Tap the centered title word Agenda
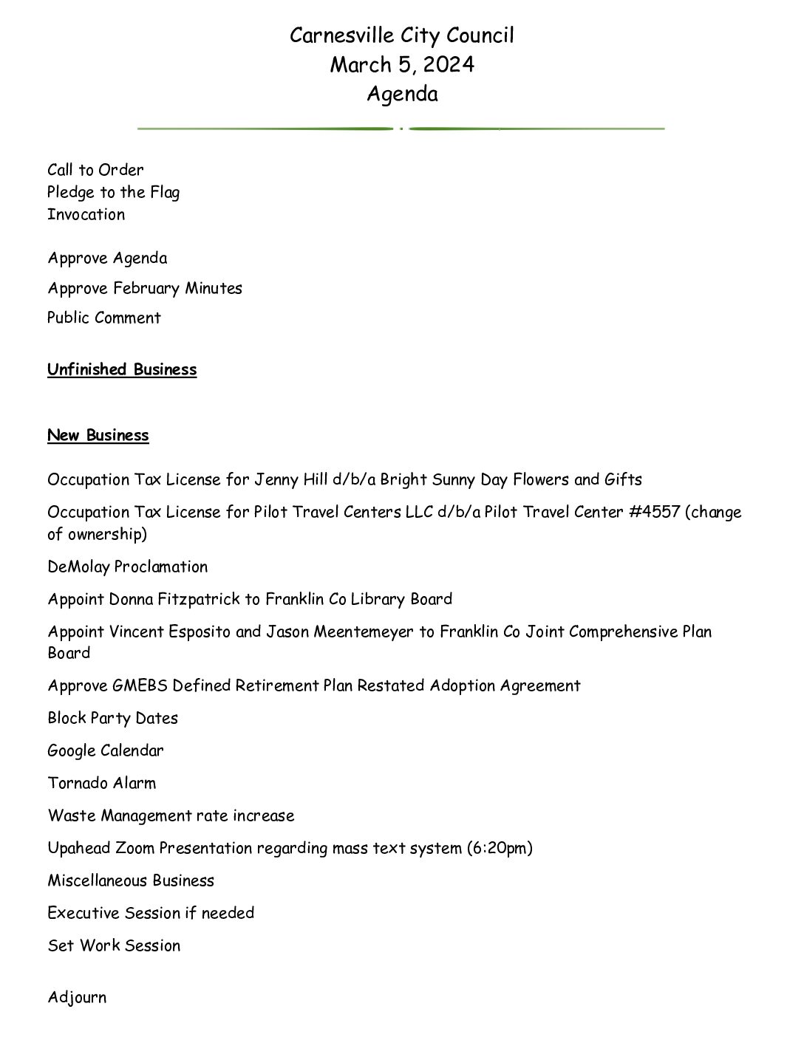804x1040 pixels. (402, 95)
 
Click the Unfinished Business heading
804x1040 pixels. (122, 369)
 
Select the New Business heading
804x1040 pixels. (98, 435)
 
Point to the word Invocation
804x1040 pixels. (86, 214)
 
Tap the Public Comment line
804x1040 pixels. (104, 318)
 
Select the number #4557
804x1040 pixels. (654, 512)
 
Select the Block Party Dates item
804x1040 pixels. (113, 718)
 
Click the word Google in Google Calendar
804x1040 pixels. (72, 750)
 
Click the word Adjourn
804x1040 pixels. (77, 998)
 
